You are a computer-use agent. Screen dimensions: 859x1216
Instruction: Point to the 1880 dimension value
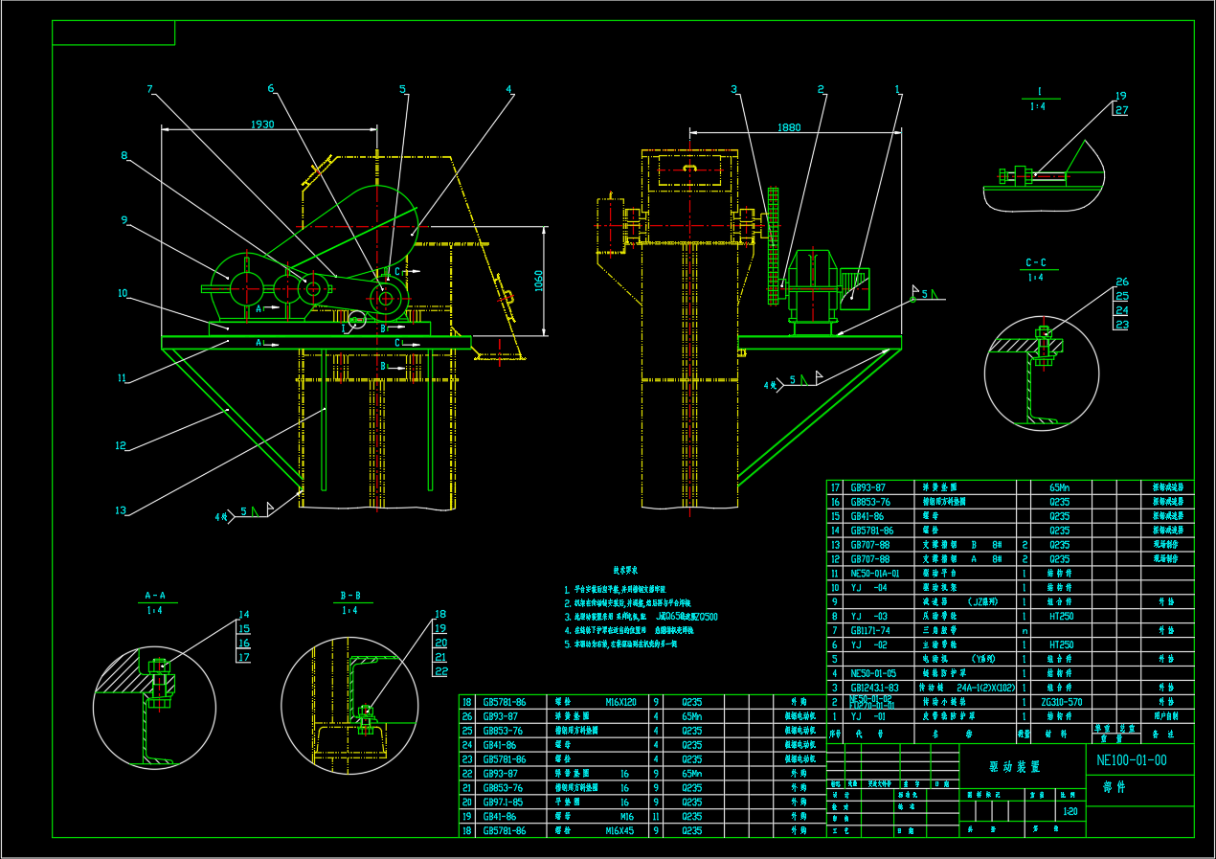(x=789, y=127)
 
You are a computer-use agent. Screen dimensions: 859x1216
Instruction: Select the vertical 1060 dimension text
(x=538, y=280)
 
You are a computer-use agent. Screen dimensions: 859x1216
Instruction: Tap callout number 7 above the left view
(x=150, y=89)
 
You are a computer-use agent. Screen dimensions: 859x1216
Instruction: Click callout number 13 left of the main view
(x=121, y=509)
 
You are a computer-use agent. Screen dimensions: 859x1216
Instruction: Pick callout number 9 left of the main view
(x=124, y=219)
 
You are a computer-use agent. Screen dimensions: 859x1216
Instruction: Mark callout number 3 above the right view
(x=734, y=89)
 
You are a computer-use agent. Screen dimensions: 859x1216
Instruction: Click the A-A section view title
(x=155, y=596)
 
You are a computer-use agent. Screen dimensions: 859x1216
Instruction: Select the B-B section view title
(x=350, y=596)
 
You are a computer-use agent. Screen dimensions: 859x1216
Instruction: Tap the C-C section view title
(x=1036, y=262)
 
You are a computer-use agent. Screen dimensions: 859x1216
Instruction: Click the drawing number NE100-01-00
(x=1131, y=760)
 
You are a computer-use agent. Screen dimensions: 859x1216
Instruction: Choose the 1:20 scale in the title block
(x=1070, y=811)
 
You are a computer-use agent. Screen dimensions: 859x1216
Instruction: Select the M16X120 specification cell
(x=620, y=702)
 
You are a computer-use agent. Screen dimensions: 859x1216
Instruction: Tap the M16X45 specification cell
(x=620, y=831)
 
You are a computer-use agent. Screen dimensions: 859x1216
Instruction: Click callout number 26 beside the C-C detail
(x=1122, y=283)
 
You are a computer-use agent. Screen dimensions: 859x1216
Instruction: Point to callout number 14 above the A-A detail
(x=244, y=615)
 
